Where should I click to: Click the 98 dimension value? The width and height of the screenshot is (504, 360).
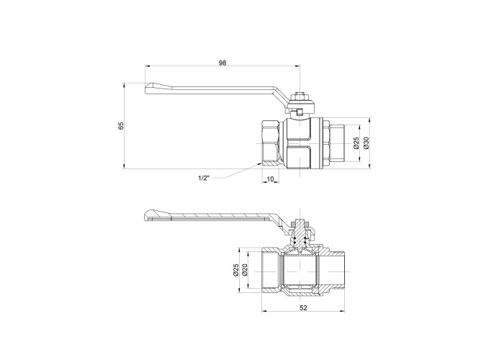tap(222, 63)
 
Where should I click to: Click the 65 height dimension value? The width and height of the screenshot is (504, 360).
tap(121, 126)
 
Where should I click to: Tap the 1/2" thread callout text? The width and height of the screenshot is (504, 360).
tap(204, 178)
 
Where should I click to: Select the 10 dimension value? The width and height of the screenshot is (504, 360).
tap(270, 179)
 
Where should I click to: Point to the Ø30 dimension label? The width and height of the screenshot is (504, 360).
tap(366, 143)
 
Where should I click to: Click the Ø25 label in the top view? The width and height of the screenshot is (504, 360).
tap(356, 143)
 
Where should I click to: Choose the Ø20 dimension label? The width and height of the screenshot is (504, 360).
tap(245, 269)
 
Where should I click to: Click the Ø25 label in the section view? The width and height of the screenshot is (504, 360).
tap(235, 269)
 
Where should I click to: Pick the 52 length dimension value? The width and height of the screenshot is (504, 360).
tap(303, 307)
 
